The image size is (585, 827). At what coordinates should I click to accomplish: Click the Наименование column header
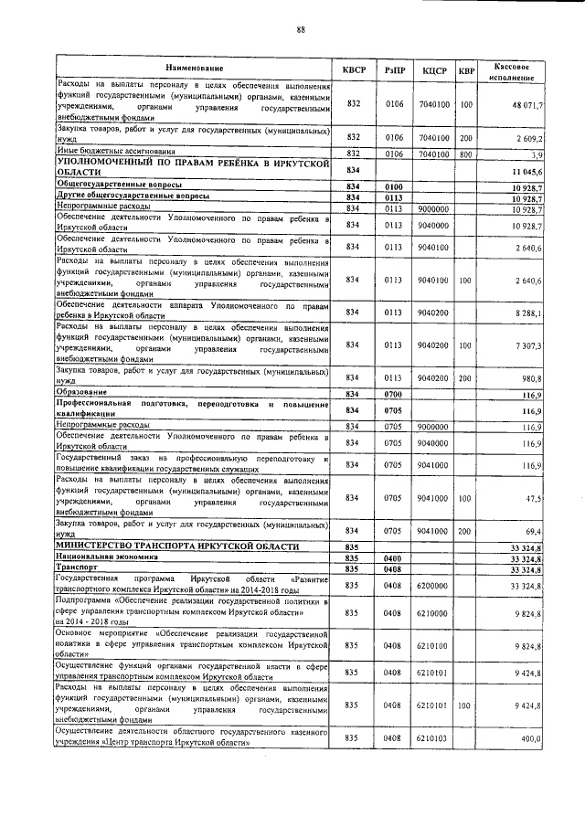[194, 69]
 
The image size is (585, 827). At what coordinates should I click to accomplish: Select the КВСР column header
[354, 70]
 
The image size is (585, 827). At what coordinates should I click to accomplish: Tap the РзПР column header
[395, 70]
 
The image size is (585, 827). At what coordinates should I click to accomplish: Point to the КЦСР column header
[434, 70]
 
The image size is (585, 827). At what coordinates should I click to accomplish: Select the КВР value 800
[466, 154]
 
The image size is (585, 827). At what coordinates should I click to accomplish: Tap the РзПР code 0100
[394, 186]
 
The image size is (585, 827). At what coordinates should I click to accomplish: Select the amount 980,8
[530, 377]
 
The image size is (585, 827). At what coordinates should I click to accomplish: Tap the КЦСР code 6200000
[432, 585]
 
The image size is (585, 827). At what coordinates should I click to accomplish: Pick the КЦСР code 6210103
[432, 737]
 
